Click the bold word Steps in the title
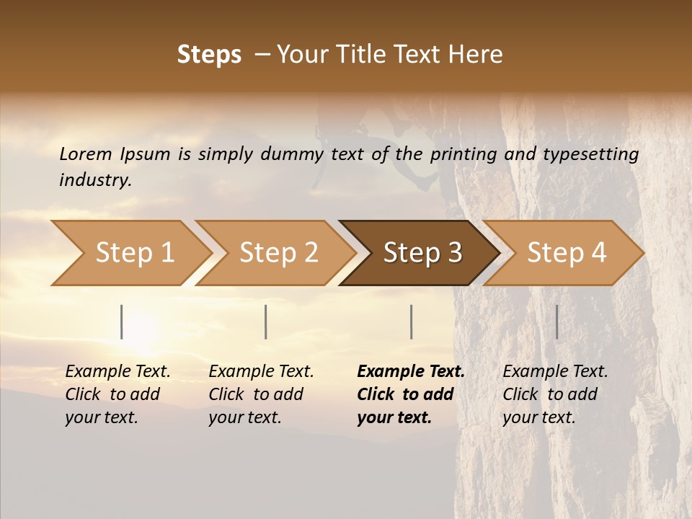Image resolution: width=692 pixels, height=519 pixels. click(209, 55)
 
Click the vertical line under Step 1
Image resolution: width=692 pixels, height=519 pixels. click(122, 321)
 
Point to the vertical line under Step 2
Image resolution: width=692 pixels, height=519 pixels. click(266, 321)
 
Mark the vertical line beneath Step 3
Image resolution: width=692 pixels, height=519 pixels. click(411, 321)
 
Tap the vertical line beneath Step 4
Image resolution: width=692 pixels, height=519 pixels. click(556, 321)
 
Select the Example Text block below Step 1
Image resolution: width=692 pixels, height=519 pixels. click(117, 394)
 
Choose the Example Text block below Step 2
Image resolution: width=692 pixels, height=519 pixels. click(260, 394)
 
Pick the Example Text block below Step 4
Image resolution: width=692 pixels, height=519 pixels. click(554, 394)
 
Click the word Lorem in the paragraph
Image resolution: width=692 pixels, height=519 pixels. click(86, 154)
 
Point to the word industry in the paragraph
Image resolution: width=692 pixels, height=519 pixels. click(94, 179)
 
